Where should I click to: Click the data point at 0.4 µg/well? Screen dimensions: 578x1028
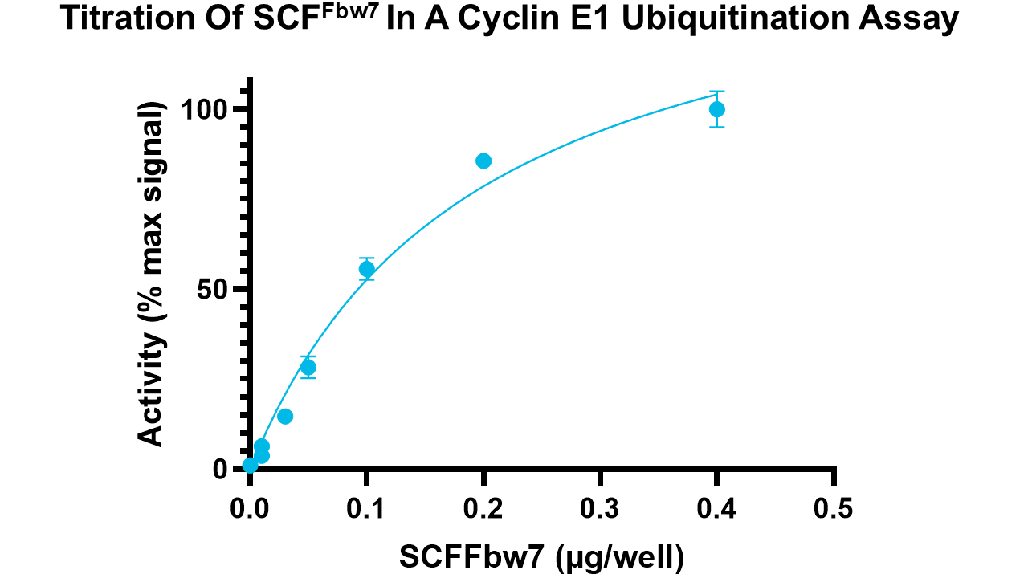pos(717,109)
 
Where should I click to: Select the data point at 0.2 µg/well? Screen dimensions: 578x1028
pos(483,161)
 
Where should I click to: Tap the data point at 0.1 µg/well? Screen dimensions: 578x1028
pos(367,269)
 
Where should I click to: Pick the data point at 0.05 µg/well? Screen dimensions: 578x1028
pos(308,367)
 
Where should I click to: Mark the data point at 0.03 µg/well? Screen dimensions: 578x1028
pos(285,416)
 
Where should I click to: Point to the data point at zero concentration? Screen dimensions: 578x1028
pos(251,465)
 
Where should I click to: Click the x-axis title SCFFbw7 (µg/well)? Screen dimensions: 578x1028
pos(542,556)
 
